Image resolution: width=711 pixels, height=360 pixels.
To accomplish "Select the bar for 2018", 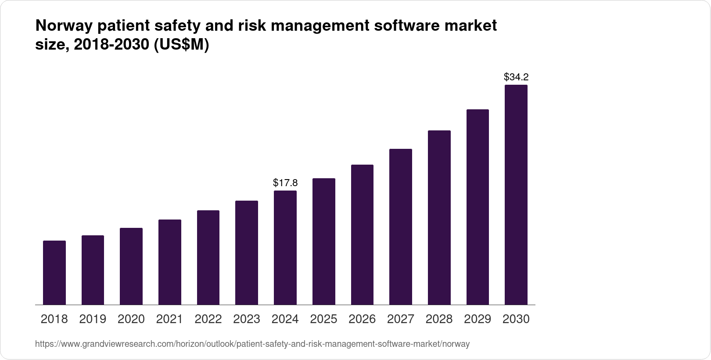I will (x=54, y=272).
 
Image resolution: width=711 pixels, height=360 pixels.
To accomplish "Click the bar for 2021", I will (x=170, y=262).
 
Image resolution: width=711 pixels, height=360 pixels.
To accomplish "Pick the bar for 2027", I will (x=400, y=227).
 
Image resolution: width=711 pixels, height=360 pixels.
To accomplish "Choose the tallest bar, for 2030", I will (x=516, y=194).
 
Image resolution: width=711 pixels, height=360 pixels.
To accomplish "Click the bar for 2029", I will (x=478, y=207).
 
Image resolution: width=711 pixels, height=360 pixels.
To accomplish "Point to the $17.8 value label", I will (x=285, y=182).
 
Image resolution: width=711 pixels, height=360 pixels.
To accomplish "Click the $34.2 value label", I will (x=516, y=77).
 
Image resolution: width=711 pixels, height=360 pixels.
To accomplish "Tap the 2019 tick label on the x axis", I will (x=93, y=319).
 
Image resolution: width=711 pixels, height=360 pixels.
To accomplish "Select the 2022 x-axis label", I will (x=208, y=319).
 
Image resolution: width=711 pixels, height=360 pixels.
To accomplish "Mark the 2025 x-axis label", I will (x=323, y=319).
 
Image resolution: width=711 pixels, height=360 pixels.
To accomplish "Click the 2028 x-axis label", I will (x=439, y=319).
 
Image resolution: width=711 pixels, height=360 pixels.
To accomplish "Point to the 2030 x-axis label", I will (x=516, y=319).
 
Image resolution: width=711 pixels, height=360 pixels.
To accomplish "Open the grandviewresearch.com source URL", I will (x=252, y=344).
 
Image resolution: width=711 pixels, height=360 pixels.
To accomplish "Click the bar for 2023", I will (x=247, y=252).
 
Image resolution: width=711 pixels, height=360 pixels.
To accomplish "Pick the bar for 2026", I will (x=362, y=234).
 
